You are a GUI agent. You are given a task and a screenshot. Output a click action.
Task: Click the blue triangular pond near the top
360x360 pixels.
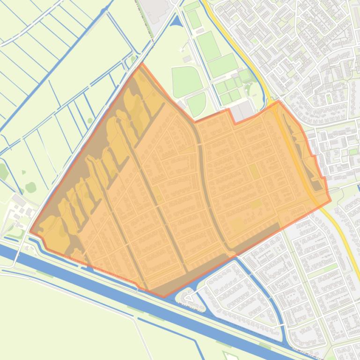[x=176, y=21]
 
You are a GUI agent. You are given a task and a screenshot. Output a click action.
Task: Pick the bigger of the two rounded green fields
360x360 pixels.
[x=186, y=80]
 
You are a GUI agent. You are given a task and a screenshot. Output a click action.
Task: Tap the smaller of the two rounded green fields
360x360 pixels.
[x=197, y=104]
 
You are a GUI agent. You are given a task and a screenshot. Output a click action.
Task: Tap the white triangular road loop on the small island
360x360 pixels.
[x=188, y=297]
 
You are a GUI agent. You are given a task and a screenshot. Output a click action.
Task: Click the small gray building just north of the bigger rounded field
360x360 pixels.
[x=187, y=59]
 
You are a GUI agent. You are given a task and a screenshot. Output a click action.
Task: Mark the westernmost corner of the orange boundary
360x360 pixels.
[x=30, y=231]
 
